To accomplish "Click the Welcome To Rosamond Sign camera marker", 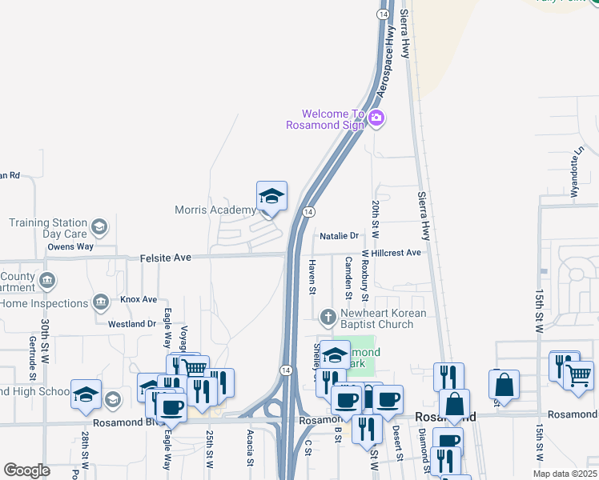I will pyautogui.click(x=376, y=119).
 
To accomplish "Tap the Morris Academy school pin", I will pyautogui.click(x=271, y=197).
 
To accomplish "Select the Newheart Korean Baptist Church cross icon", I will pyautogui.click(x=328, y=318).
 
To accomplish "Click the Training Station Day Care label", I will pyautogui.click(x=47, y=228).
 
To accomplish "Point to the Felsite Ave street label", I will pyautogui.click(x=167, y=258).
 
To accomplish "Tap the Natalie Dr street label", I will pyautogui.click(x=339, y=236).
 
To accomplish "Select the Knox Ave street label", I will pyautogui.click(x=138, y=299).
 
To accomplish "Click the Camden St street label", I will pyautogui.click(x=348, y=274).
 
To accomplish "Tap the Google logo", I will pyautogui.click(x=27, y=470).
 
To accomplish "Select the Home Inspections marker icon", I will pyautogui.click(x=100, y=302).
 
